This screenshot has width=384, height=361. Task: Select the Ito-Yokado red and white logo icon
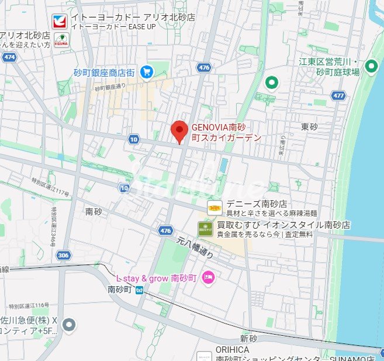tap(59, 22)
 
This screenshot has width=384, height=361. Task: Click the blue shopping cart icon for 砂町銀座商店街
tap(146, 72)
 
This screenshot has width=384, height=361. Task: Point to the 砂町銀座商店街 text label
tap(104, 73)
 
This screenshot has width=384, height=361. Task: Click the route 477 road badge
tap(337, 95)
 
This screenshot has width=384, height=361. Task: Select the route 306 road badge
tap(64, 255)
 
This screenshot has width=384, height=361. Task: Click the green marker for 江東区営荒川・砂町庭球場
tap(371, 67)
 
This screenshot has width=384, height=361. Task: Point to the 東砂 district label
tap(309, 126)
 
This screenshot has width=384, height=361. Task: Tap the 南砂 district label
tap(94, 211)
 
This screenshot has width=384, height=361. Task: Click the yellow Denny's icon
tap(215, 207)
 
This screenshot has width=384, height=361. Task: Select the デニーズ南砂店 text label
tap(257, 204)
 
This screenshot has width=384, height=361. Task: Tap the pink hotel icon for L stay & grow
tap(207, 278)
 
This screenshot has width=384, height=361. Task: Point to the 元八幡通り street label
tap(196, 248)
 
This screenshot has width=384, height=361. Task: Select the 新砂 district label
tap(248, 339)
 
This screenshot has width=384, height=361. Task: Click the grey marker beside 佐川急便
tap(70, 324)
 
